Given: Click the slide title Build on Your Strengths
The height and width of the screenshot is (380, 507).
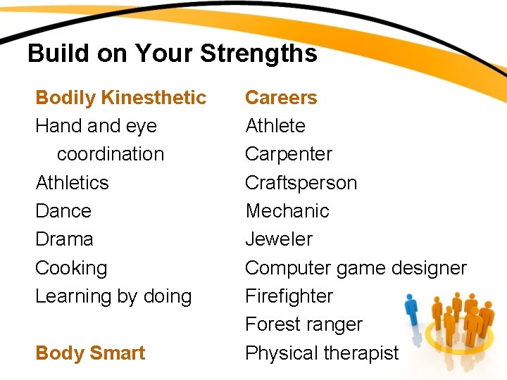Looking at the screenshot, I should [x=172, y=53].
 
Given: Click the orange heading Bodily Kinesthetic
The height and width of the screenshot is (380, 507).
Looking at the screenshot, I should [x=120, y=97].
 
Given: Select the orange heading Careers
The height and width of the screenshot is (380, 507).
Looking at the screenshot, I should [x=281, y=97].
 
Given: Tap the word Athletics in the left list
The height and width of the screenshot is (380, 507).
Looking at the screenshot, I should [x=72, y=182].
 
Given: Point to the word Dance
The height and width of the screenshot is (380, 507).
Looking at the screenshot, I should [x=63, y=210].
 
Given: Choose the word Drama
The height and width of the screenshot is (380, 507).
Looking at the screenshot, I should [x=64, y=239].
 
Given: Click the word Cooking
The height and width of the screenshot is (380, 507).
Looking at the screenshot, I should [x=71, y=268].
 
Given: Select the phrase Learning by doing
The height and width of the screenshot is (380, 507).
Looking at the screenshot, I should [x=113, y=296].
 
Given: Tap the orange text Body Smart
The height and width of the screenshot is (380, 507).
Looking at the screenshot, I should [x=90, y=353].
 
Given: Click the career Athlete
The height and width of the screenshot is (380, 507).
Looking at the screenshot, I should [x=275, y=126].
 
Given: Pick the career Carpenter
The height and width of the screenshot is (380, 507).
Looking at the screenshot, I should [x=289, y=154].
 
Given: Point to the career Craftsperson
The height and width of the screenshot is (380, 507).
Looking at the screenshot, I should [x=301, y=183].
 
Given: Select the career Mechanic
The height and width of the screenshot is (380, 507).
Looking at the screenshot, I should [x=287, y=211].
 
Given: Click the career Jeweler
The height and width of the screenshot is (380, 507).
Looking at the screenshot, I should [x=279, y=239].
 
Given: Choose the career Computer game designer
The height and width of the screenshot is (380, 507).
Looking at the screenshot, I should [x=356, y=268].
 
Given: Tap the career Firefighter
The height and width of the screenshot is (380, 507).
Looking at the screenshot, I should [x=289, y=296].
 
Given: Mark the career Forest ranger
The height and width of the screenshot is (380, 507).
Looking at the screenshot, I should [x=303, y=324].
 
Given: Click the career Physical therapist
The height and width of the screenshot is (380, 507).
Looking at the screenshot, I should [x=322, y=353].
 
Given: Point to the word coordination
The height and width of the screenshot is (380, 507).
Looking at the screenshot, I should [x=111, y=154].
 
